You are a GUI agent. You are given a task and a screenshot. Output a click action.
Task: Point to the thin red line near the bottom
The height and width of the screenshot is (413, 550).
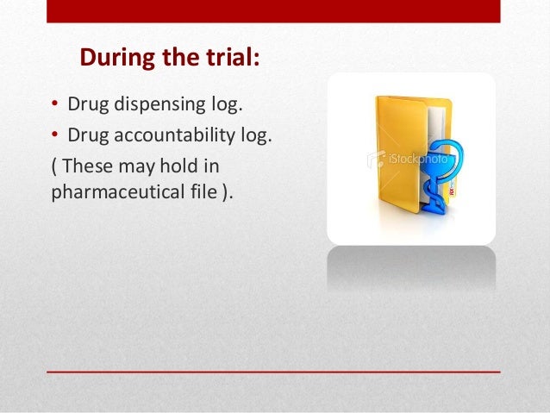(x=273, y=372)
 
